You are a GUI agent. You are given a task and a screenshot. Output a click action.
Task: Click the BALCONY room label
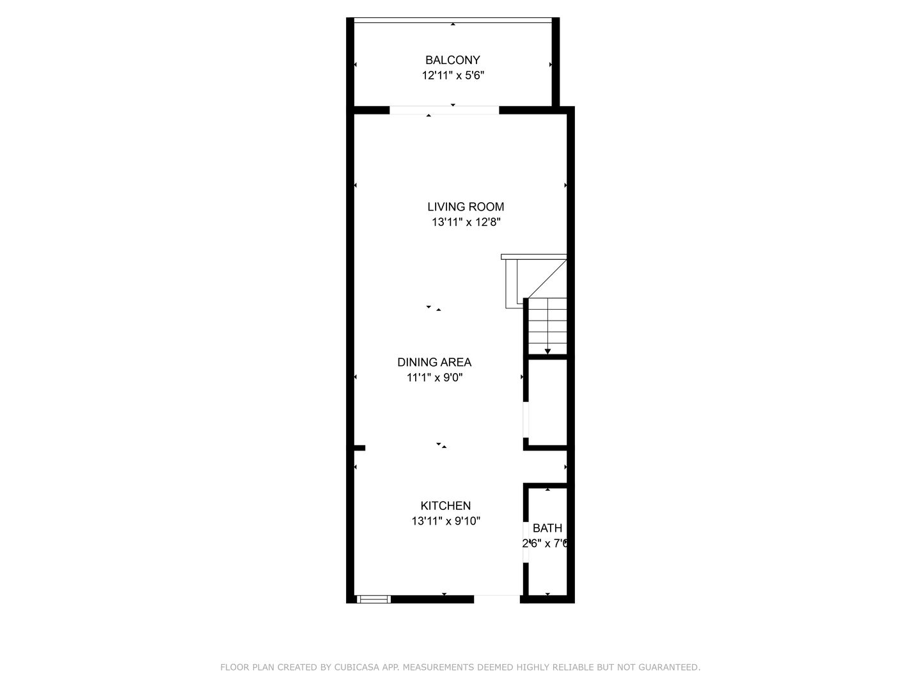click(452, 60)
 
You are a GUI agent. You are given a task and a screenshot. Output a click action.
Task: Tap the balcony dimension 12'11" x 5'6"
click(452, 75)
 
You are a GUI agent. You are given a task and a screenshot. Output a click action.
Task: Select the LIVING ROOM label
click(466, 207)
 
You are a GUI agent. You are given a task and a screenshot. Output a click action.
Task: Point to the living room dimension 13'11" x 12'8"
click(466, 223)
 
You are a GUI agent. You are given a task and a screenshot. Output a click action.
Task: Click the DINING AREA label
click(434, 362)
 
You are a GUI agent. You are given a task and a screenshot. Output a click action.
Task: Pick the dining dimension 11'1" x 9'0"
click(434, 377)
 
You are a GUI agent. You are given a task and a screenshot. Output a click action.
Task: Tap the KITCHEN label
click(445, 506)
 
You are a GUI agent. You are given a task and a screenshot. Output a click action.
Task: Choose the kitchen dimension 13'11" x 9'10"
click(445, 521)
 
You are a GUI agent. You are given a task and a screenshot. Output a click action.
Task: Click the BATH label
click(547, 528)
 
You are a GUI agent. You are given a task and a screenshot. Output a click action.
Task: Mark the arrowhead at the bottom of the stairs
click(547, 351)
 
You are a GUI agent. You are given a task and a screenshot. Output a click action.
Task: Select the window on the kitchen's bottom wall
click(374, 600)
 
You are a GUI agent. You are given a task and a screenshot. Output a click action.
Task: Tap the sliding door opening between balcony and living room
click(444, 110)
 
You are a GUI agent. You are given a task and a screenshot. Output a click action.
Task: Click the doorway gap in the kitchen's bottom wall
click(497, 600)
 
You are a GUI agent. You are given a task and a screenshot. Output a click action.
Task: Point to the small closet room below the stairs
click(547, 402)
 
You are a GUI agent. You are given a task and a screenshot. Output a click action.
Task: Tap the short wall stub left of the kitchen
click(359, 448)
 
